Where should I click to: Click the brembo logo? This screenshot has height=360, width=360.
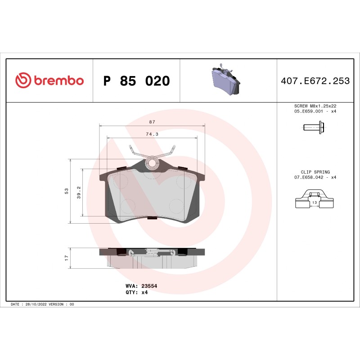click(49, 81)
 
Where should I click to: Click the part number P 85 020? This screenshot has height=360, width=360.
click(136, 81)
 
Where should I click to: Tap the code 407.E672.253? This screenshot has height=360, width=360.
click(315, 81)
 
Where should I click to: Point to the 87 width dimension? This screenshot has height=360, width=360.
click(152, 122)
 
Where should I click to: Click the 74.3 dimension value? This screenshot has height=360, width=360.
click(152, 134)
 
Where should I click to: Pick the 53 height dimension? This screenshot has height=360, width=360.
click(67, 191)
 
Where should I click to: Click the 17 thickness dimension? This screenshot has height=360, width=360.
click(67, 257)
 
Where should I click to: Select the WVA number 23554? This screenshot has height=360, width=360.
click(149, 286)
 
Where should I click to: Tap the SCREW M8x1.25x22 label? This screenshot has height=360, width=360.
click(315, 106)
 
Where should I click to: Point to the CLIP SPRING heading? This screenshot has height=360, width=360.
click(315, 172)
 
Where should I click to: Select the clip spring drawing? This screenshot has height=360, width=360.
click(315, 199)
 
